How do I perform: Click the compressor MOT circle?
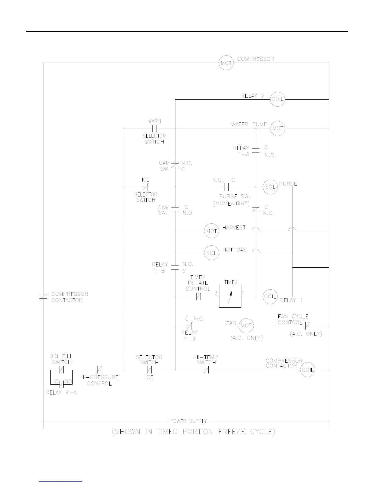[226, 63]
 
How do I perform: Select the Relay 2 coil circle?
[277, 99]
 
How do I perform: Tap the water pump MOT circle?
[277, 129]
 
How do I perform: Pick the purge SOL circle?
[270, 187]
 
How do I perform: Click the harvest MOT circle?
[211, 231]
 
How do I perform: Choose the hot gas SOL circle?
[211, 253]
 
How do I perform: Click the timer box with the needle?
[230, 296]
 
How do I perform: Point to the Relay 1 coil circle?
[270, 296]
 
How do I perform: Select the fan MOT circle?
[246, 326]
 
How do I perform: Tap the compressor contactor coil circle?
[307, 370]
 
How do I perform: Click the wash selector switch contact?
[154, 129]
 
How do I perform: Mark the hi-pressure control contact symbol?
[99, 370]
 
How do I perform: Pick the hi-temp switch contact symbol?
[206, 370]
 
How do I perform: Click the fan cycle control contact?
[307, 326]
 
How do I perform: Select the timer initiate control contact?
[198, 296]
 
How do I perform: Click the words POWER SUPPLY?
[189, 421]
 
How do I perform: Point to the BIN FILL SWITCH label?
[61, 359]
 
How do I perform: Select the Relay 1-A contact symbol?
[256, 150]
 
